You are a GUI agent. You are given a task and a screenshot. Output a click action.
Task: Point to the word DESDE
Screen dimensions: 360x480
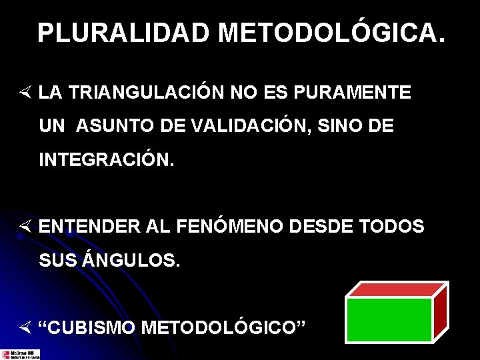(323, 227)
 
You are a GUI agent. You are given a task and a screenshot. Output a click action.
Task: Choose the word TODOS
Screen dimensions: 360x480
(391, 227)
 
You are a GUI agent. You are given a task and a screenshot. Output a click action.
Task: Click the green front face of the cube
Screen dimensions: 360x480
(389, 319)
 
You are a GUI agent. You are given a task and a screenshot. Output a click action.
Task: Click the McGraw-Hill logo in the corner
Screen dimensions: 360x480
(20, 354)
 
